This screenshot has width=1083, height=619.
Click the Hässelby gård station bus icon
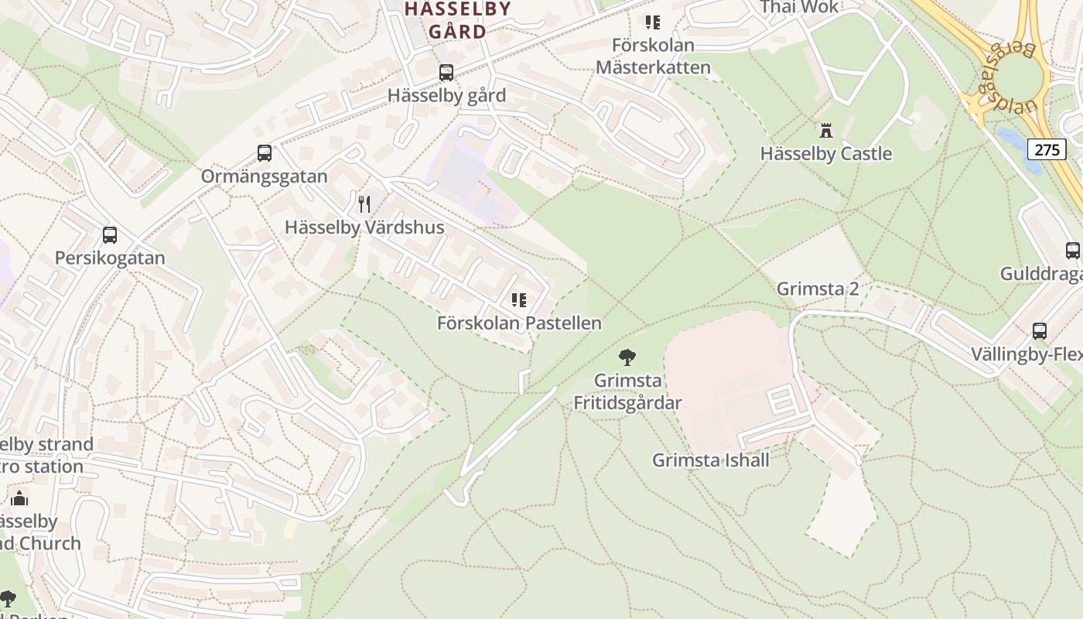point(446,73)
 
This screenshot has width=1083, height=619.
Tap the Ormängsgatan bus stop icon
point(265,153)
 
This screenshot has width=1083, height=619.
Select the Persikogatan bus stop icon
point(110,235)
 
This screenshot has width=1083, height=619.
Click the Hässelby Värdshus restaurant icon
point(364,204)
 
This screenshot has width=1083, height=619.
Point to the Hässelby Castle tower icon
point(826,130)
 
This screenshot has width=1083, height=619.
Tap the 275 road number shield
point(1047,149)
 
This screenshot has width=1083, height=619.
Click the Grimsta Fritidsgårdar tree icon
point(627,357)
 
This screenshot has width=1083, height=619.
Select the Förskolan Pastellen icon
point(519,300)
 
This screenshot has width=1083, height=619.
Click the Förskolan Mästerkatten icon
point(653,22)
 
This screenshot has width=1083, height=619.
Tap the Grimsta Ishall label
point(711,460)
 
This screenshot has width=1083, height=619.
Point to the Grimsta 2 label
point(818,289)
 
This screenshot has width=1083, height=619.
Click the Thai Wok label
point(800,7)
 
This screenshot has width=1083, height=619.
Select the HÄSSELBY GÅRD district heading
point(458,20)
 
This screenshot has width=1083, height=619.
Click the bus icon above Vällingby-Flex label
point(1040,331)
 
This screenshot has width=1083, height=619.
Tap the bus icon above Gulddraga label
point(1072,251)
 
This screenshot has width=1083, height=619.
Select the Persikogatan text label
point(110,258)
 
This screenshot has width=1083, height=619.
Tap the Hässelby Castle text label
point(826,153)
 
